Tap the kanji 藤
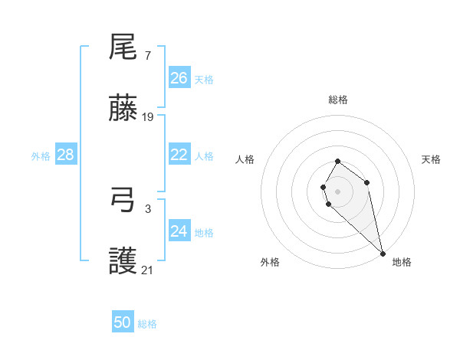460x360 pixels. click(123, 109)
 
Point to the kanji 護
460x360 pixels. click(123, 262)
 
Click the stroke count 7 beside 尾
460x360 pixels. click(148, 56)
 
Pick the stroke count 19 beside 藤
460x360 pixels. click(148, 117)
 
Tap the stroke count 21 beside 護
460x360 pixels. click(148, 270)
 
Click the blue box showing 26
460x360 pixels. click(179, 78)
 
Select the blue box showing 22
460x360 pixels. click(179, 155)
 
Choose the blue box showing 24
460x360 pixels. click(179, 231)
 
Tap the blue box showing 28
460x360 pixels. click(66, 155)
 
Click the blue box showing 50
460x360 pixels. click(123, 322)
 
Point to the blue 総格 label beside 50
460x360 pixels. click(147, 324)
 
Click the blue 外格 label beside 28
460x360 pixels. click(41, 156)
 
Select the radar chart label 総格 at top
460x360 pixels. click(338, 100)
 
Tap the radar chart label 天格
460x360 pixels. click(431, 159)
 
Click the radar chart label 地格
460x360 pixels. click(402, 262)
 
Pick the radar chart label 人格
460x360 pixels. click(245, 159)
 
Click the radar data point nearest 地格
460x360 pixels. click(383, 253)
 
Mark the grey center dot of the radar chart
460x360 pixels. click(338, 191)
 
